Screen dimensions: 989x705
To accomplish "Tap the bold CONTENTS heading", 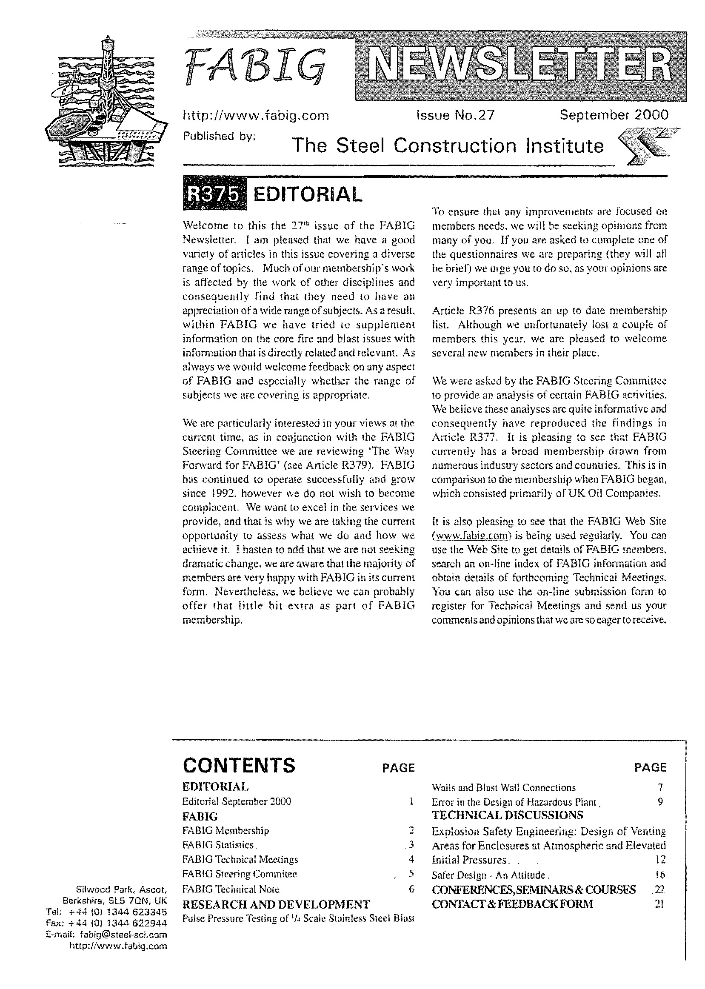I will [x=239, y=765].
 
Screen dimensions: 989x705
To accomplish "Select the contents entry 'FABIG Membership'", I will [x=226, y=830].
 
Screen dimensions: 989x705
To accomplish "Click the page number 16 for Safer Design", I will [x=660, y=875].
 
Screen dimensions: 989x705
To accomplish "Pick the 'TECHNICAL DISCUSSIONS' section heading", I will [x=507, y=815].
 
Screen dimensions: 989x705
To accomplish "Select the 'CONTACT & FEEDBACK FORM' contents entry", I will [x=512, y=904].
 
